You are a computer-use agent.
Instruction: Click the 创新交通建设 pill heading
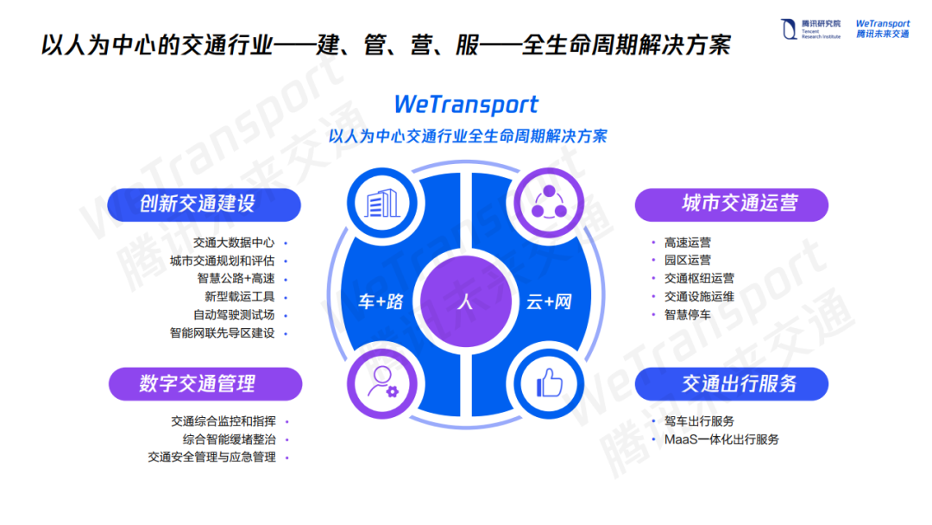coord(205,204)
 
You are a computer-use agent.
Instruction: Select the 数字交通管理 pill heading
coord(205,383)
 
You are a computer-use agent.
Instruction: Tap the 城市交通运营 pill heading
coord(731,204)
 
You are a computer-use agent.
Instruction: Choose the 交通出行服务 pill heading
coord(731,383)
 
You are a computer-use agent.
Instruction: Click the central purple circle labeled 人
coord(465,302)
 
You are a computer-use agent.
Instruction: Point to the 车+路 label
coord(381,302)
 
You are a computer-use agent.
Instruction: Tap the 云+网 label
coord(550,302)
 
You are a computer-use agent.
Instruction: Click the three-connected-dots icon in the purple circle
coord(550,204)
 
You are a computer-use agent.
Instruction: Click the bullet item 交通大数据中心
coord(234,243)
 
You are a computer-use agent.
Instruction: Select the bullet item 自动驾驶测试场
coord(234,315)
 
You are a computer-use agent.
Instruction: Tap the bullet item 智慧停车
coord(687,315)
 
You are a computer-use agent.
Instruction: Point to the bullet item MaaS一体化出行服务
coord(721,440)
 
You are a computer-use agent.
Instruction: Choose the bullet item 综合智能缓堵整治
coord(229,440)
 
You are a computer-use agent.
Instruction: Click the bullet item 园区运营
coord(687,261)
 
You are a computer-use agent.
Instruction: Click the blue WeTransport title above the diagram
coord(466,105)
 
